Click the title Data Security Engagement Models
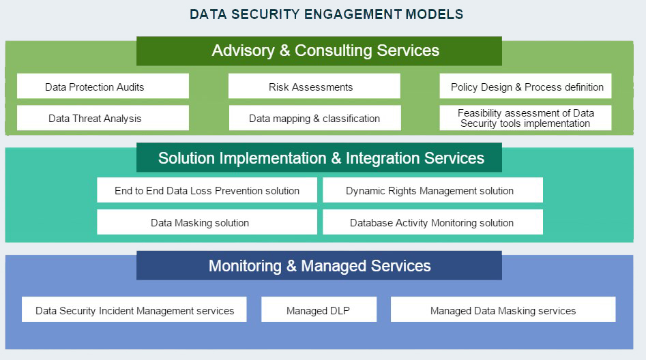point(326,14)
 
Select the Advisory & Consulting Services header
point(319,51)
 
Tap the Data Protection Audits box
point(103,86)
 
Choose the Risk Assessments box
point(314,86)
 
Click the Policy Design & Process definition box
point(525,86)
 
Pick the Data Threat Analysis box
point(103,118)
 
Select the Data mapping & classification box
point(314,118)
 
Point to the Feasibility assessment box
point(525,118)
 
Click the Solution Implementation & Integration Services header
point(319,157)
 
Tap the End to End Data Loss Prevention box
point(207,190)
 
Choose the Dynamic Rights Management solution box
point(432,190)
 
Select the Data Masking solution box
point(207,222)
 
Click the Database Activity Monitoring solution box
point(432,222)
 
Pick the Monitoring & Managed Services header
point(319,266)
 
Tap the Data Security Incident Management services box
point(134,310)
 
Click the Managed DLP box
point(319,310)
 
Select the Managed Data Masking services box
point(503,310)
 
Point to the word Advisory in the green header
point(243,50)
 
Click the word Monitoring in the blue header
point(245,266)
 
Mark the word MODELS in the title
point(435,14)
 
